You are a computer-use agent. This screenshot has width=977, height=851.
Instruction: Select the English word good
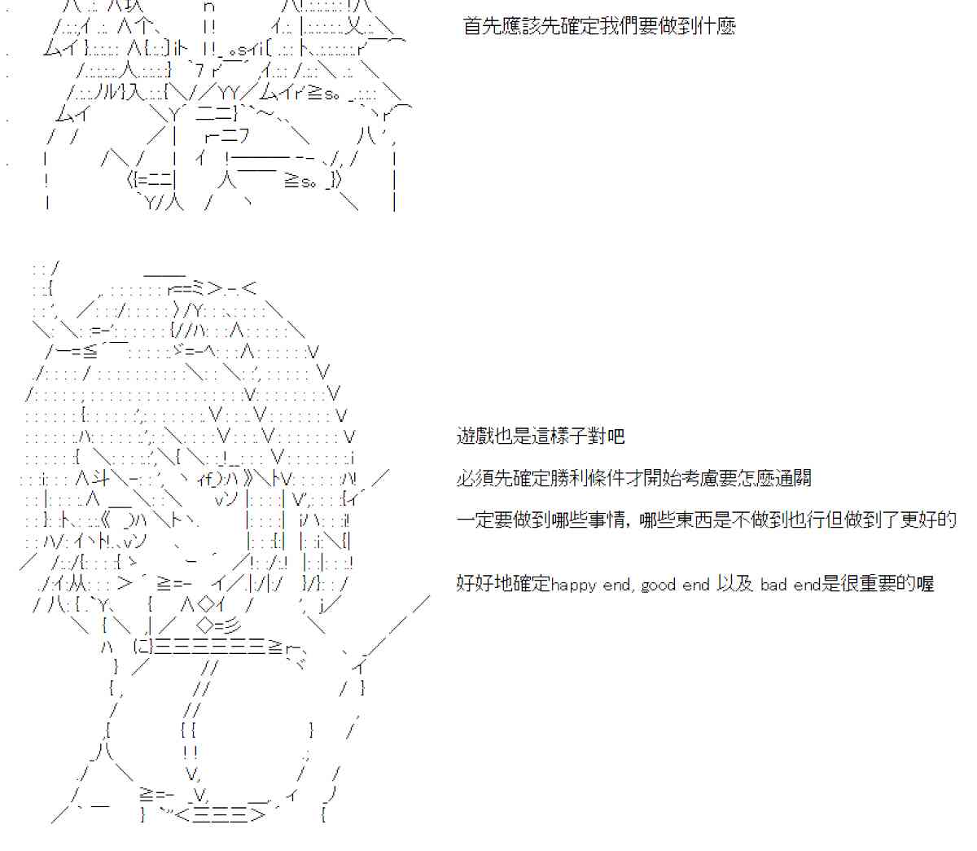pos(659,585)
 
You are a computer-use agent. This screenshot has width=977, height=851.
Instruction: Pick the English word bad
pos(773,585)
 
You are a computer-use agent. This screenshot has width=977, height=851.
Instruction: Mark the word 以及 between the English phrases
pos(734,584)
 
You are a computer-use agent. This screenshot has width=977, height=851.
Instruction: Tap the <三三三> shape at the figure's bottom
pos(221,814)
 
